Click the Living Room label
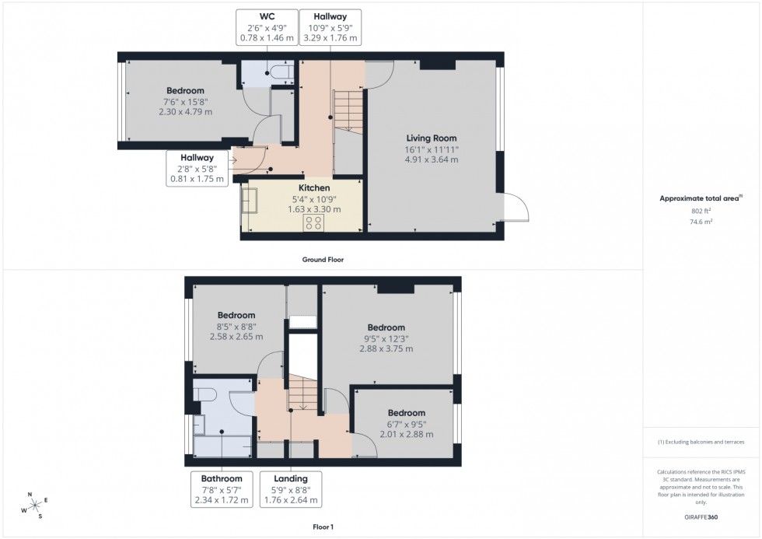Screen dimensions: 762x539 point(431,138)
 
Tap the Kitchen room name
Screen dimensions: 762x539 point(314,187)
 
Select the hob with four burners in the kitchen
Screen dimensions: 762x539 point(314,223)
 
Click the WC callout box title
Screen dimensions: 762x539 point(267,16)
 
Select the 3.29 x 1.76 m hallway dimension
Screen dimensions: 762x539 point(330,38)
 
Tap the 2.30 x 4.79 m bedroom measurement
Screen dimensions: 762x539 point(185,112)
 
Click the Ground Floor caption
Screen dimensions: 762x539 point(323,260)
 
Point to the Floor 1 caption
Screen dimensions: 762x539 point(323,527)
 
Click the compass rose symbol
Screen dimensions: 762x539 point(35,506)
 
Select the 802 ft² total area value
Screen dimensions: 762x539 point(701,211)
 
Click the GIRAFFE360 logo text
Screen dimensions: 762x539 point(701,517)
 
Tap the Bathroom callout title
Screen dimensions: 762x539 point(221,479)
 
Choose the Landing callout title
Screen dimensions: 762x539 point(291,479)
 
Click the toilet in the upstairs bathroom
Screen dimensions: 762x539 point(204,394)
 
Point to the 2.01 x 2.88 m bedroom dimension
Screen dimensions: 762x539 point(406,435)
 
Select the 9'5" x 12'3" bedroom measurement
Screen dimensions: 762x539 point(386,339)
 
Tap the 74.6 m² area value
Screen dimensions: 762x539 point(701,222)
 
